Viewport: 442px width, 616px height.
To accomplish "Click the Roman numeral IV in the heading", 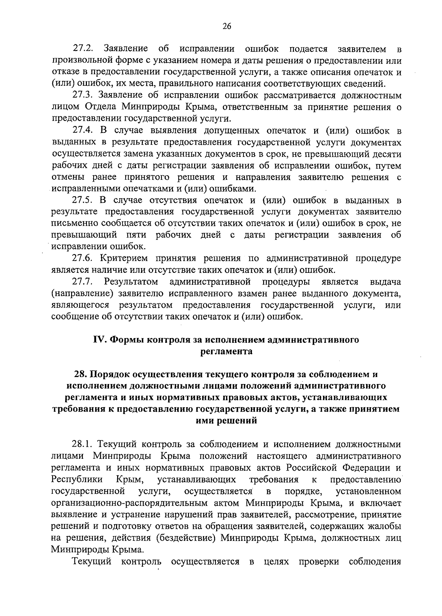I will [x=100, y=340].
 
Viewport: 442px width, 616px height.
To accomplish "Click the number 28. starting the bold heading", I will [x=81, y=374].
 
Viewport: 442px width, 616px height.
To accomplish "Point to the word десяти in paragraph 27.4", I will [x=387, y=154].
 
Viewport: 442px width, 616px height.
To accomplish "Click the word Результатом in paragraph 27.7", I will [x=131, y=282].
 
